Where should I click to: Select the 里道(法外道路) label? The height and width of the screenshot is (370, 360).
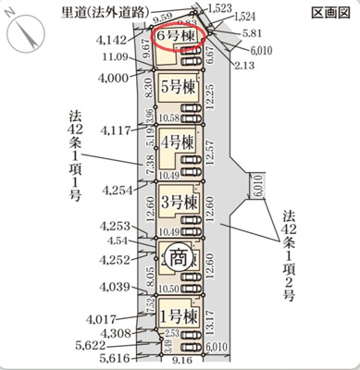pos(100,12)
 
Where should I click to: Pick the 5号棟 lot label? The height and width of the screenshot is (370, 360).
pos(177,88)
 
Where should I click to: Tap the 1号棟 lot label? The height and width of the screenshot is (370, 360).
pos(178,316)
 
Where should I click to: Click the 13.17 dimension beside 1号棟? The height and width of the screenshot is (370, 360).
pos(214,319)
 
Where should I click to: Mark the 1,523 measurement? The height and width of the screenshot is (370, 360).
pos(220,7)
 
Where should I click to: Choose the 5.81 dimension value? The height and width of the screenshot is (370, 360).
pos(252,32)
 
